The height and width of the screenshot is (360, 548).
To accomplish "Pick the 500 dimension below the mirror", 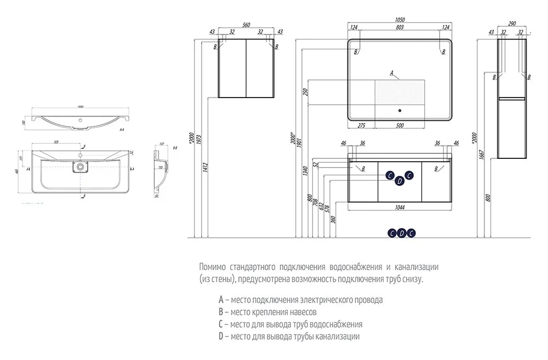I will coord(399,126).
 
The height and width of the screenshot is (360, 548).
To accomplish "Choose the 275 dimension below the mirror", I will coord(361,126).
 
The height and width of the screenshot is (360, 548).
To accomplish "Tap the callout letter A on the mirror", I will coord(392,72).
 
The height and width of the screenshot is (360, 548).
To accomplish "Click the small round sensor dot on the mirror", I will coord(400,112).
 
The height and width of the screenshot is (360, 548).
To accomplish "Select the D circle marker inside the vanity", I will coord(399,181).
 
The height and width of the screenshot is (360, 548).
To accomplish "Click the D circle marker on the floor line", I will coord(401,233).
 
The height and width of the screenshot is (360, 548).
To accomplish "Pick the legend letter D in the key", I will coord(220,336).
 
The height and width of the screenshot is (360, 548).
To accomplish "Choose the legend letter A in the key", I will coord(220,300).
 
